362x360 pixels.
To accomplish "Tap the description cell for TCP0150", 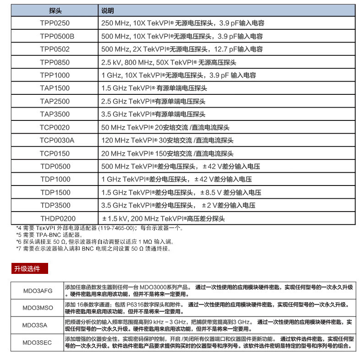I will pos(167,153).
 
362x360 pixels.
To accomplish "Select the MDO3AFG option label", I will pos(38,291).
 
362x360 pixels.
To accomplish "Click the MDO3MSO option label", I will pos(38,308).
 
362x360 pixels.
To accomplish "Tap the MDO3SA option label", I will pos(38,325).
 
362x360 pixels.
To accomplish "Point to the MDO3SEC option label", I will pos(38,343).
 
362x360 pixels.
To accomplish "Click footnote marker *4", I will pos(19,228).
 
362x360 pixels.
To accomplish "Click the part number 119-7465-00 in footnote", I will pos(117,228).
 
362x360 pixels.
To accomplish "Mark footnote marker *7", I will pos(19,249).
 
